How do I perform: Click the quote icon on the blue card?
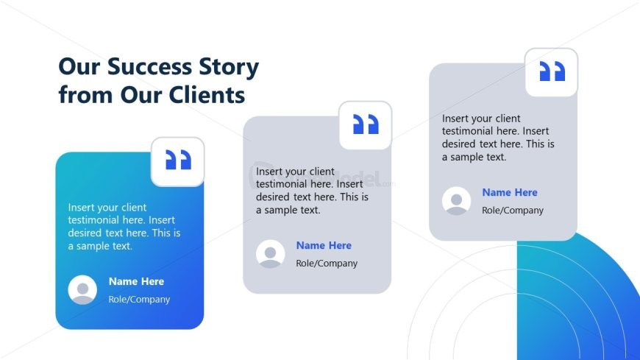(x=177, y=160)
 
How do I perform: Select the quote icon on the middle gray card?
(x=365, y=124)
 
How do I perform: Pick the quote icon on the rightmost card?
(x=551, y=71)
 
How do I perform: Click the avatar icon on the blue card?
(x=82, y=289)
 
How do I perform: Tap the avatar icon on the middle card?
(x=270, y=253)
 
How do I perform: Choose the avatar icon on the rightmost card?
(x=456, y=201)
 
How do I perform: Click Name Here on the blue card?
(x=136, y=281)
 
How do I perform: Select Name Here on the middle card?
(x=324, y=245)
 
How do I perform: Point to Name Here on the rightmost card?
(x=510, y=192)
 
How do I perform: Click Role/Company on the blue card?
(x=139, y=300)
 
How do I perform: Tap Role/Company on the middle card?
(x=327, y=264)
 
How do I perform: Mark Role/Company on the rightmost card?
(x=513, y=211)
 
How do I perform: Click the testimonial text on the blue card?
(x=124, y=227)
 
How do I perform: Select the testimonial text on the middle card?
(x=312, y=191)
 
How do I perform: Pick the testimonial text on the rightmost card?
(x=498, y=138)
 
